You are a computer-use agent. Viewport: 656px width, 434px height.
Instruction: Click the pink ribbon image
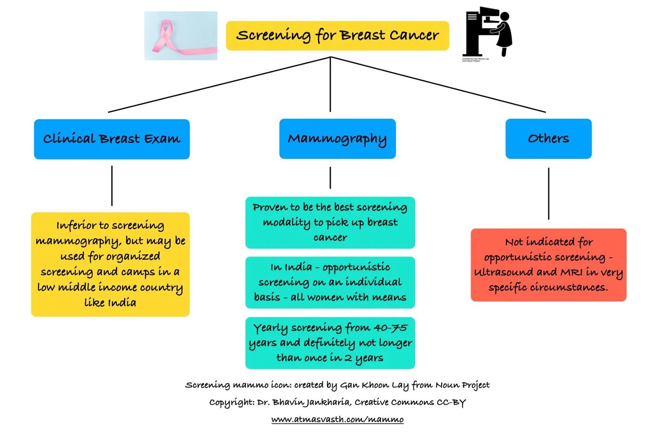click(x=181, y=36)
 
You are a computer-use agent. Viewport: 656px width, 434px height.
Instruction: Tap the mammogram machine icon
click(x=487, y=32)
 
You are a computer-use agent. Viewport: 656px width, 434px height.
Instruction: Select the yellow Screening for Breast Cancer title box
click(x=337, y=35)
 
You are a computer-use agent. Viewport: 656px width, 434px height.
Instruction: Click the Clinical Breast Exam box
click(x=112, y=139)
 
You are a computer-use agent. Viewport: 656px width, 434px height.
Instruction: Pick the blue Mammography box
click(x=337, y=139)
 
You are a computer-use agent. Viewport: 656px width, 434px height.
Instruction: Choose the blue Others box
click(x=548, y=139)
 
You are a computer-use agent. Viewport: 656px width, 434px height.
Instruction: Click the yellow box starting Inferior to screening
click(x=111, y=264)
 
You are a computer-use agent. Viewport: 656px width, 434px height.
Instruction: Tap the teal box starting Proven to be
click(x=330, y=222)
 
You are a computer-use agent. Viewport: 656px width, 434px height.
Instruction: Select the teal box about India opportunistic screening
click(x=330, y=282)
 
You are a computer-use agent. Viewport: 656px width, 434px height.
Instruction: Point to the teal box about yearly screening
click(x=330, y=343)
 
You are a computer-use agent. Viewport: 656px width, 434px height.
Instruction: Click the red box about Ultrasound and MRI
click(x=548, y=265)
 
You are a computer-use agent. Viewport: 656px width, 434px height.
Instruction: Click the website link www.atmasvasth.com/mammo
click(x=337, y=419)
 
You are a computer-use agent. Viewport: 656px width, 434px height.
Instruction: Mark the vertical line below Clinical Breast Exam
click(x=112, y=186)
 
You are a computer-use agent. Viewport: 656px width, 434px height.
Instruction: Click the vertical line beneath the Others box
click(x=549, y=193)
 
